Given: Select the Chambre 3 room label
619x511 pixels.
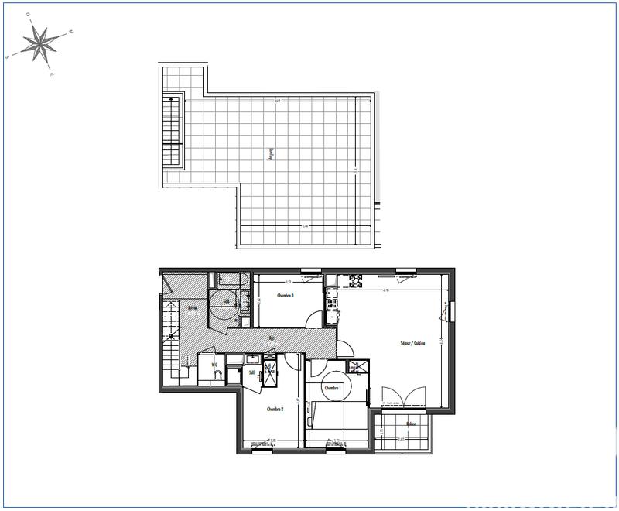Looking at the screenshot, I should (286, 296).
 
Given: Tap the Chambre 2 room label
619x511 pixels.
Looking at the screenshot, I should (275, 410).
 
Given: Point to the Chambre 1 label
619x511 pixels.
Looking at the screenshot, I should (333, 388).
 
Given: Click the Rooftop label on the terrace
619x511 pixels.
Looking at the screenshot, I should (271, 155).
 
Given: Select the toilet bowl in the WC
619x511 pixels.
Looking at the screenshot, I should (218, 376).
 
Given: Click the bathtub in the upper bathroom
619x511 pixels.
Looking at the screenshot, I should (228, 279).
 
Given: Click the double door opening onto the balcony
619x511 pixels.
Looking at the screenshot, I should (403, 397).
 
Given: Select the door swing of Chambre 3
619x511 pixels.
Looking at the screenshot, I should (314, 318).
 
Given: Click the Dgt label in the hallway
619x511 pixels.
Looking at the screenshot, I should (272, 338).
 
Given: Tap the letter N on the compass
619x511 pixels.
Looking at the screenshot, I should (70, 32).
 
